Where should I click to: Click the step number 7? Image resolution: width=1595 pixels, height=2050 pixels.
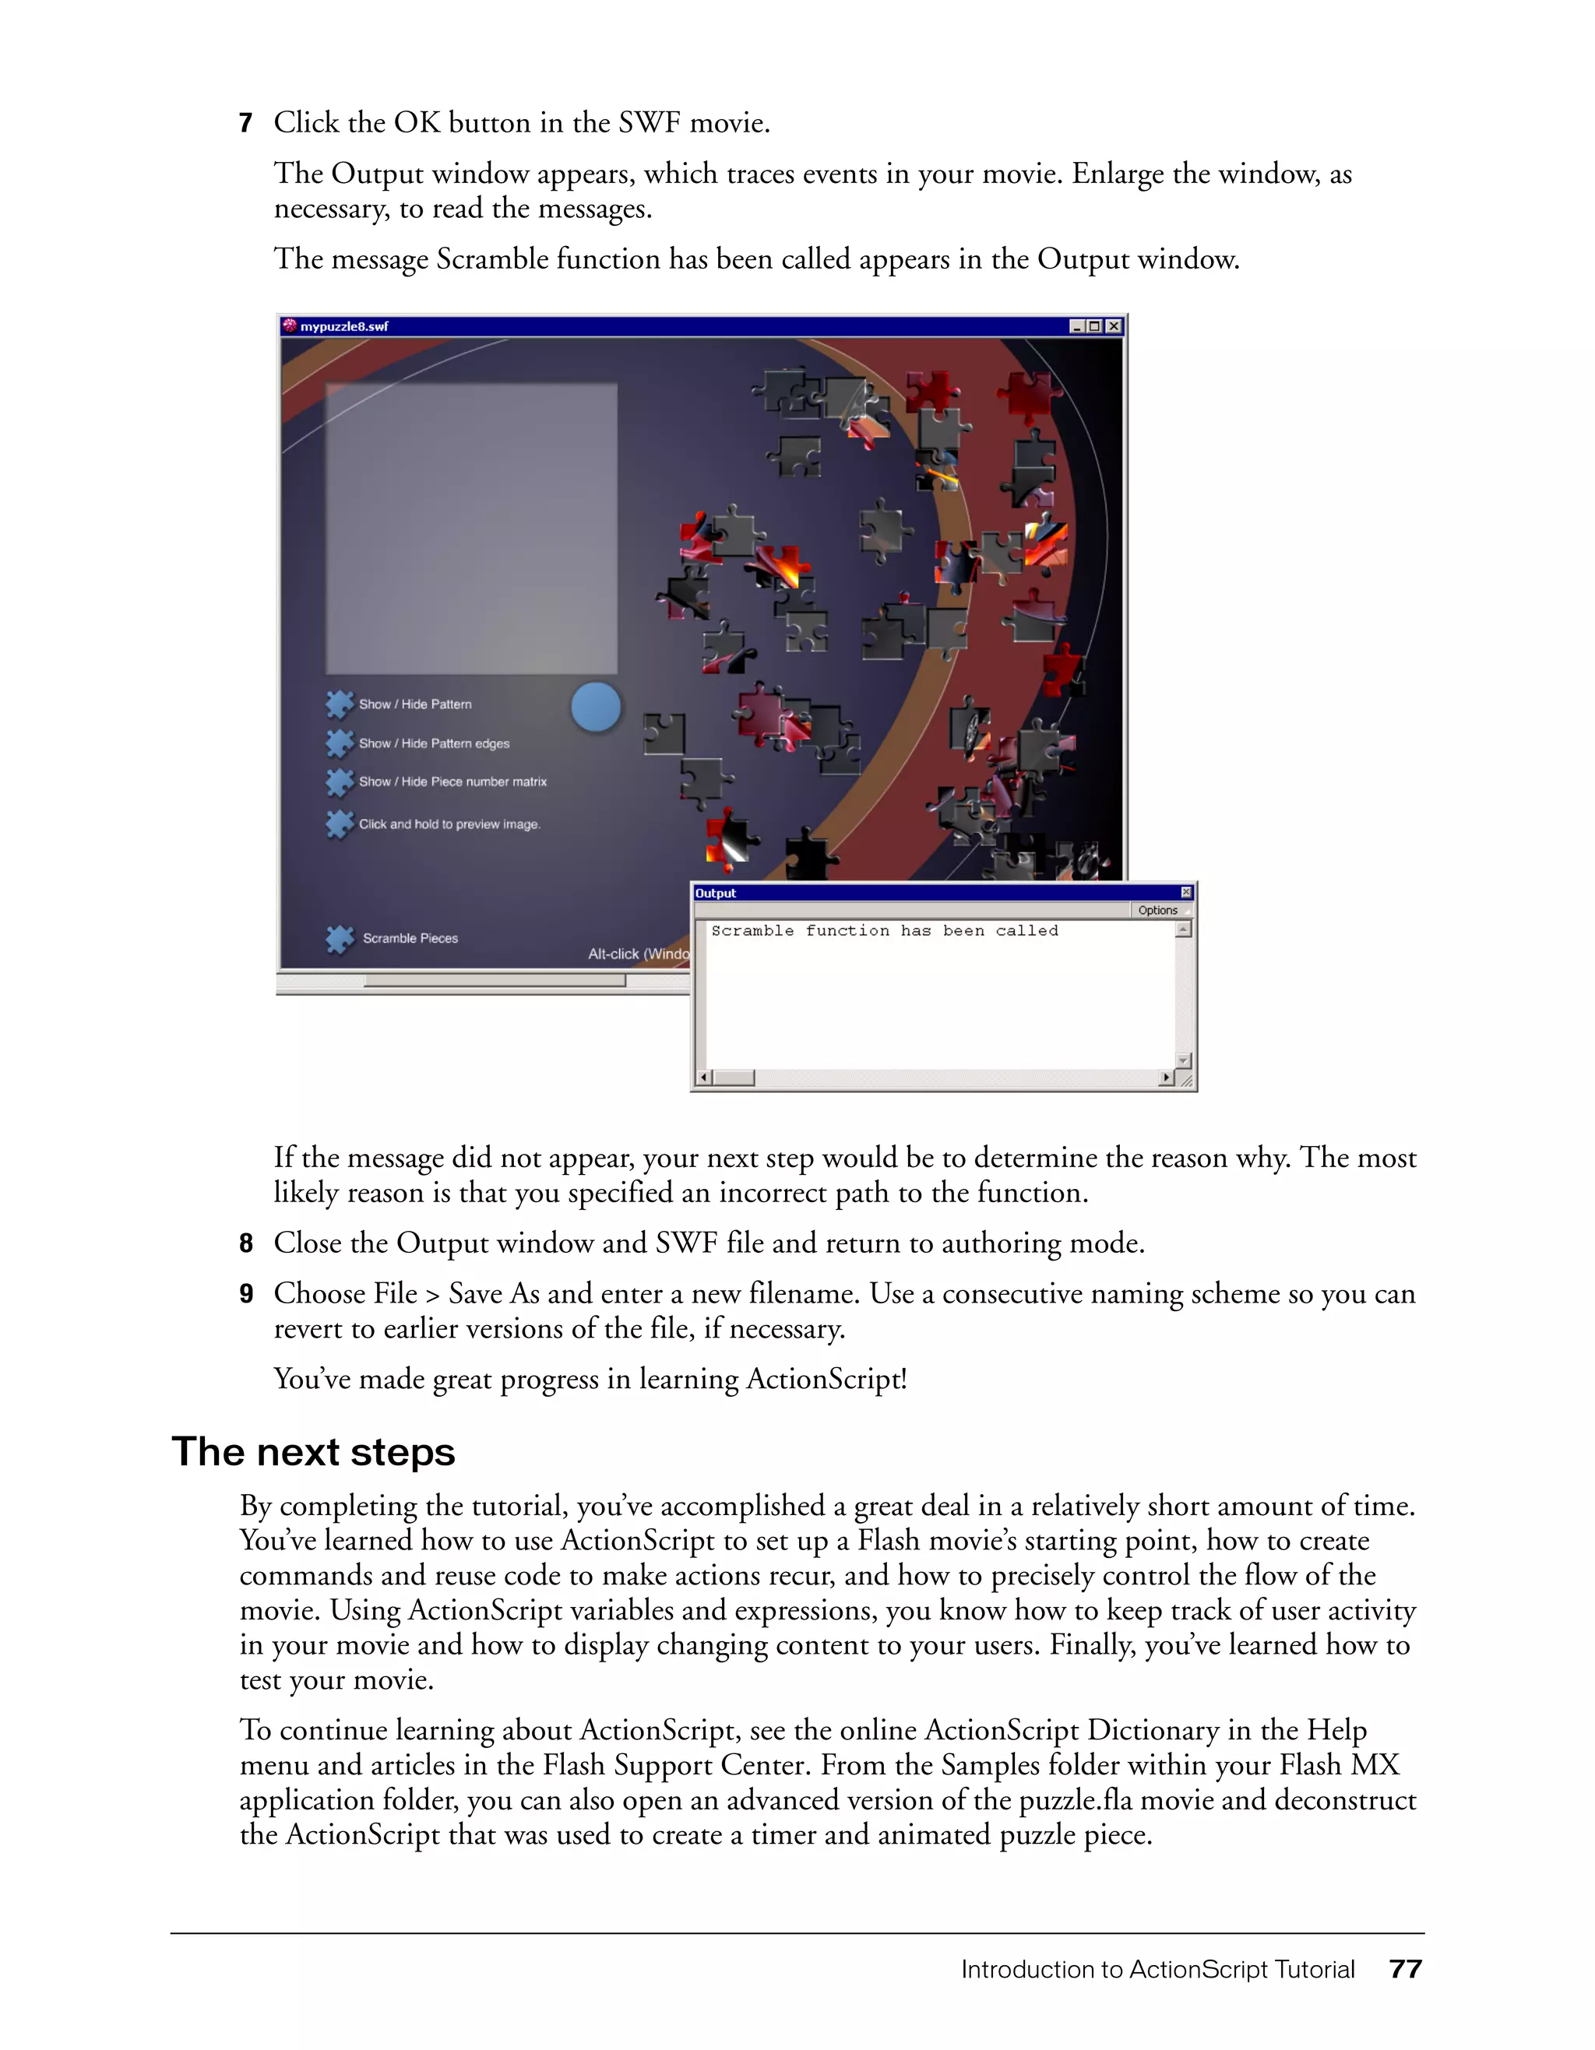[x=246, y=123]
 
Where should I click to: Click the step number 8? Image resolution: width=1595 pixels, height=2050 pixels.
[x=246, y=1243]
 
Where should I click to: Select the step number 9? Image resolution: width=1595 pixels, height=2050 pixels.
[x=246, y=1295]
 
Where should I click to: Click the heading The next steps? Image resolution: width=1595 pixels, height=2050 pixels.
[x=314, y=1452]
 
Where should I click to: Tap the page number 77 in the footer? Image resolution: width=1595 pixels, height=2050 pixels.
[x=1406, y=1968]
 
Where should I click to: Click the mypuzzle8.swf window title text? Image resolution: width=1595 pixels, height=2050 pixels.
[x=343, y=327]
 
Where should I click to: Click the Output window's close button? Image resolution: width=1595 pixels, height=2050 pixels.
[x=1185, y=893]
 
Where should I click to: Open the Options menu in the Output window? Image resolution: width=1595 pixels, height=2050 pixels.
[x=1157, y=910]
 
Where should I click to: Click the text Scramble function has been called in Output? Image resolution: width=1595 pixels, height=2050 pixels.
[x=885, y=931]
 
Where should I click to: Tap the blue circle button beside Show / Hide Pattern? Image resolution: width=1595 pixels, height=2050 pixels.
[x=596, y=706]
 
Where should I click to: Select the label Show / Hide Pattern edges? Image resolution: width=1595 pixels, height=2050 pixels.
[x=434, y=744]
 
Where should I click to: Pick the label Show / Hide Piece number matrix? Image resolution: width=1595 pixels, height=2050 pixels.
[x=452, y=782]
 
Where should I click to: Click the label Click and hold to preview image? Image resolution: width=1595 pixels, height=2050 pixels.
[x=449, y=825]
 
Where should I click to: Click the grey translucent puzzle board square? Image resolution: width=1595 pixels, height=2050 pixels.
[x=471, y=528]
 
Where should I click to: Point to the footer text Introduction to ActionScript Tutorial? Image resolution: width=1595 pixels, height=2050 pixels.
[x=1157, y=1968]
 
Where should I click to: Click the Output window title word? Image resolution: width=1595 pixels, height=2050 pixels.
[x=716, y=894]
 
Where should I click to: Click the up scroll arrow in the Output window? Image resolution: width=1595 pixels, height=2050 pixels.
[x=1184, y=930]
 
